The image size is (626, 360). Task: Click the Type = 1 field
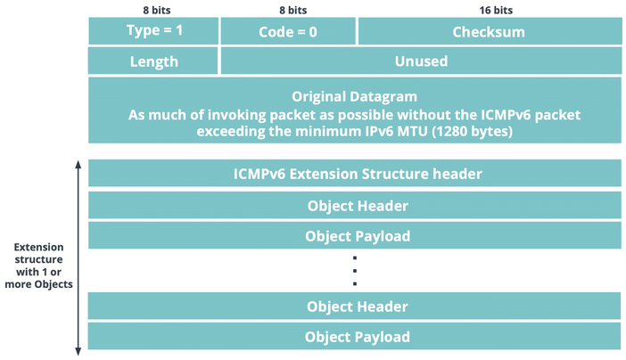point(153,30)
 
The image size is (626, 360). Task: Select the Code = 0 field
point(288,30)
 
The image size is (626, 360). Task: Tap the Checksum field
point(490,30)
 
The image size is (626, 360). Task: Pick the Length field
point(153,61)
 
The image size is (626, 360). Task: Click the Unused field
point(421,61)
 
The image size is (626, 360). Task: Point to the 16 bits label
point(496,10)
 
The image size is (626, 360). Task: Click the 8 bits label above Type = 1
point(157,10)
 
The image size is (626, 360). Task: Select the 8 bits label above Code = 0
point(293,10)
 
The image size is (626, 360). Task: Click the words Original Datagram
point(355,96)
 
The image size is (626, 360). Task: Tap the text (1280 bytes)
point(472,131)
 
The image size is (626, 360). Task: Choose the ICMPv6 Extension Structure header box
point(355,173)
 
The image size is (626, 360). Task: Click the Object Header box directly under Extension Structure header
point(355,205)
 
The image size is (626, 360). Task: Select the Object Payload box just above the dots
point(355,235)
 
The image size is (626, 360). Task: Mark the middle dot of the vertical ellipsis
point(355,271)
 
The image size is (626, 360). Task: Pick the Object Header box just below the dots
point(355,307)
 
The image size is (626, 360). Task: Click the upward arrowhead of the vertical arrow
point(78,164)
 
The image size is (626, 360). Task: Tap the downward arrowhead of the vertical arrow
point(78,351)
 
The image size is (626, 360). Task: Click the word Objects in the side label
point(54,284)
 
